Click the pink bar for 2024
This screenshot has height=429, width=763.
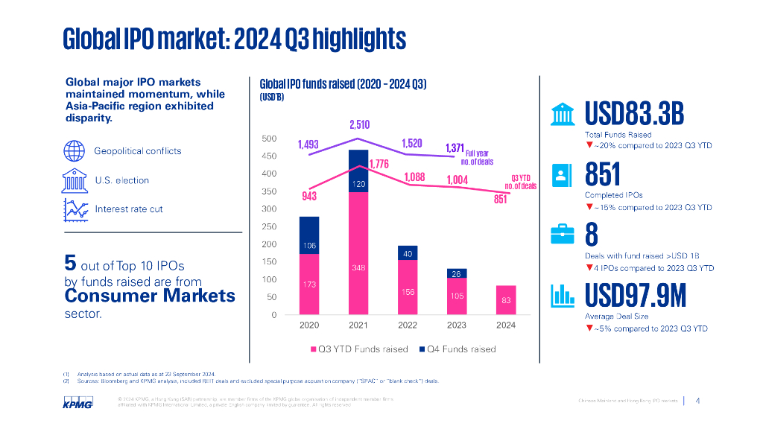coord(505,299)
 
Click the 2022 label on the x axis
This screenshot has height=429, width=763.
coord(408,325)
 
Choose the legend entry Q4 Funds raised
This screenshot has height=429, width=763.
coord(456,349)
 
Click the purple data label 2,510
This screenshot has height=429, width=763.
coord(359,124)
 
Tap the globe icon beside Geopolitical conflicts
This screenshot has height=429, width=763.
coord(73,150)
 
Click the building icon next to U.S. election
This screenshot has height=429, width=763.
coord(73,180)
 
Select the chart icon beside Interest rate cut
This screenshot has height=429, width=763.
coord(73,209)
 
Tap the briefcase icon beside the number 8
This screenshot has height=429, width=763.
coord(560,234)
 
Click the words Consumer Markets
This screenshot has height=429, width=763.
coord(150,296)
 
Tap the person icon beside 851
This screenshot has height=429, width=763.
coord(560,174)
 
